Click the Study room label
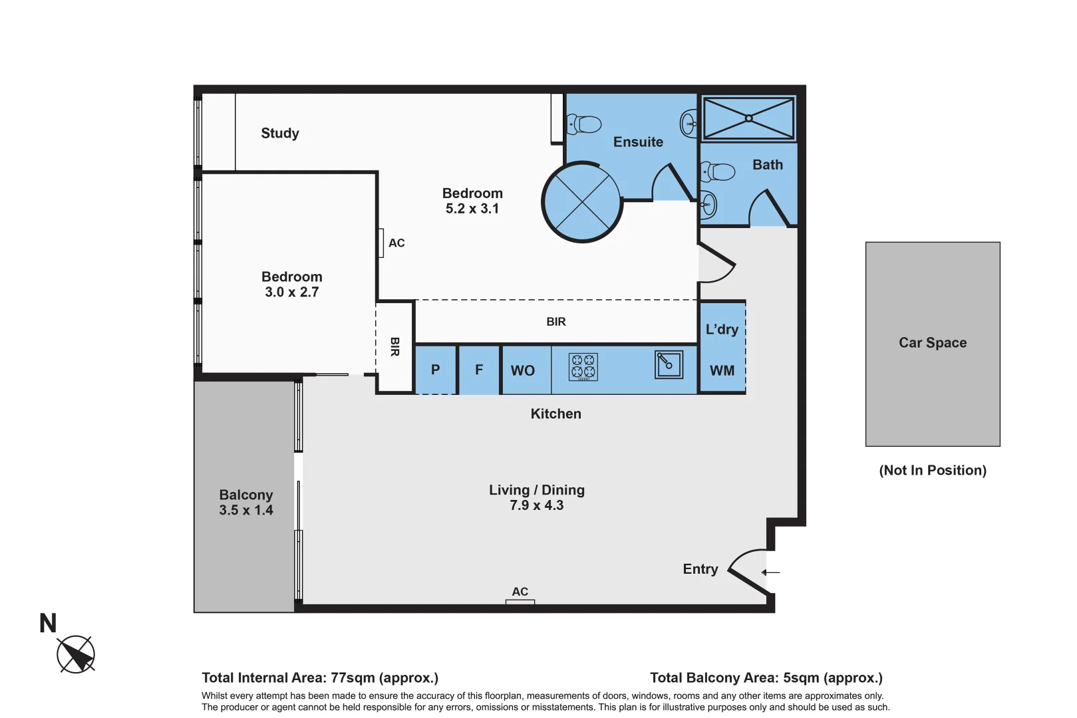tap(280, 133)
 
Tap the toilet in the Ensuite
tap(583, 124)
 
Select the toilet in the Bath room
tap(718, 172)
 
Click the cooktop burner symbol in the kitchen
tap(583, 367)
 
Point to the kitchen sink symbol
tap(669, 364)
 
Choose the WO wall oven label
tap(523, 370)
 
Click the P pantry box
tap(436, 370)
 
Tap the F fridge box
tap(479, 370)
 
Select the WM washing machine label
tap(722, 370)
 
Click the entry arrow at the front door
tap(770, 572)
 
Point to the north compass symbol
tap(75, 655)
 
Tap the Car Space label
tap(933, 342)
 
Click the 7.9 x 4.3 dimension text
tap(537, 505)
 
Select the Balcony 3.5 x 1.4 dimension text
tap(246, 510)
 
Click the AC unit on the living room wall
tap(520, 602)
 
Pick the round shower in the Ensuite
tap(582, 202)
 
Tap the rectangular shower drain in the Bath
tap(748, 118)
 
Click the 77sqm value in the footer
tap(353, 678)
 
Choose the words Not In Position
tap(933, 470)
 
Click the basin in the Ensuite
tap(689, 124)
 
